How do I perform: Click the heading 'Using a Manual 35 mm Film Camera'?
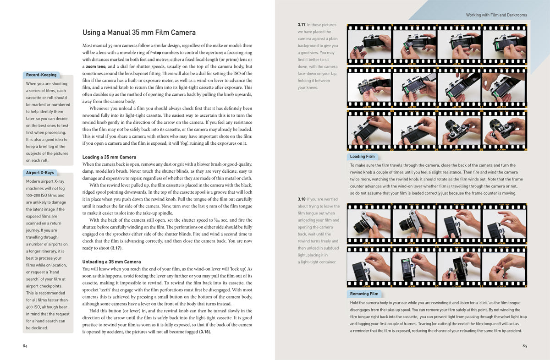click(139, 33)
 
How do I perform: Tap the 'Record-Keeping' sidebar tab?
click(41, 75)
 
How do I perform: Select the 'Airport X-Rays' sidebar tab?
click(40, 173)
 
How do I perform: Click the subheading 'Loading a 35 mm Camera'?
click(109, 157)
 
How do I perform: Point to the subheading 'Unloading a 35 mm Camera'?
click(111, 262)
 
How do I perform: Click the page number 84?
click(25, 346)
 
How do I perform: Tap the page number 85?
click(524, 346)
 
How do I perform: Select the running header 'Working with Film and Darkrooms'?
click(496, 15)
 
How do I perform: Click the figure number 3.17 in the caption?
click(302, 25)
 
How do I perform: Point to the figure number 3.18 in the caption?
click(302, 199)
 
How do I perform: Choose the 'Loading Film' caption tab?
click(363, 156)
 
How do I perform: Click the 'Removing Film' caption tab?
click(364, 294)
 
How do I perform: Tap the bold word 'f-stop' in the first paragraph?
click(156, 53)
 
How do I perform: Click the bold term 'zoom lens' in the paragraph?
click(95, 66)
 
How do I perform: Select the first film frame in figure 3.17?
click(369, 44)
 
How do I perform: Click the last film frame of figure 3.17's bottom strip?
click(504, 131)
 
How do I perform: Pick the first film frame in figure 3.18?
click(369, 224)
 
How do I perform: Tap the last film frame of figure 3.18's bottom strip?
click(504, 267)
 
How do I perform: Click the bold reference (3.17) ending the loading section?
click(116, 248)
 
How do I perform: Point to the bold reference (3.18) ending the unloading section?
click(204, 332)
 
